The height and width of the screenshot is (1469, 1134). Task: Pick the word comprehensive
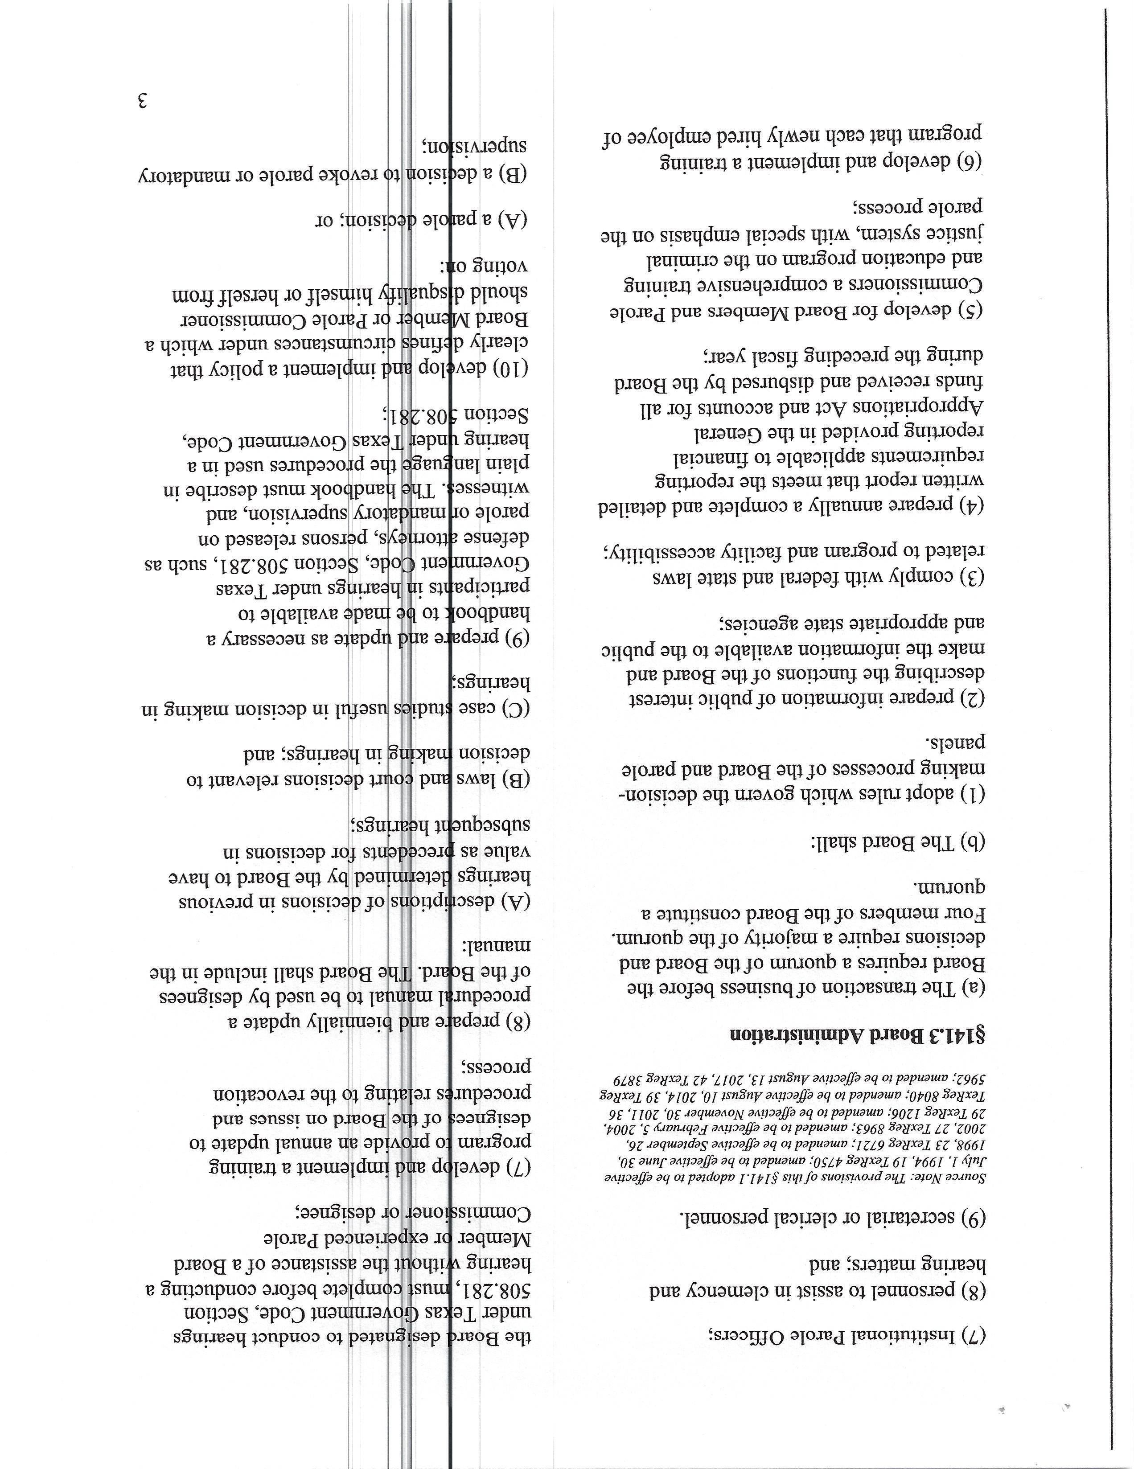pos(787,284)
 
